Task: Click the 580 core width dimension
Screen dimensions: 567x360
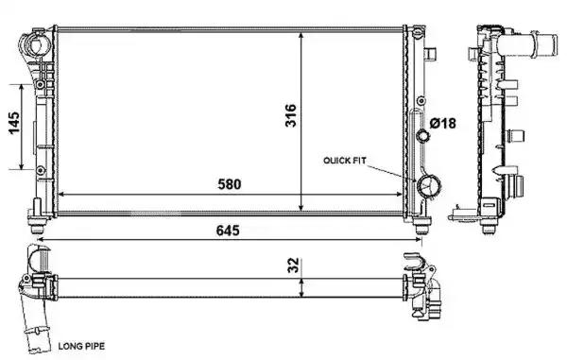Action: [x=230, y=184]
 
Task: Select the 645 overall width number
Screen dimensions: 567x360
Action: [x=228, y=230]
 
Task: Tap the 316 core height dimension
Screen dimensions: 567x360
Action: [x=291, y=115]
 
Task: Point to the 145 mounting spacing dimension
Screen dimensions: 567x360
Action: [x=14, y=123]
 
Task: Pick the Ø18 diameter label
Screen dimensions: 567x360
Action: [x=442, y=123]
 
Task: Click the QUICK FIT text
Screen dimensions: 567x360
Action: [x=345, y=160]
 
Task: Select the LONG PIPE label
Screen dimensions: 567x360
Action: [x=81, y=346]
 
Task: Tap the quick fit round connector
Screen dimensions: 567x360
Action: [x=428, y=186]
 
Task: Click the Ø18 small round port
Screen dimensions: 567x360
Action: [x=422, y=136]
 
